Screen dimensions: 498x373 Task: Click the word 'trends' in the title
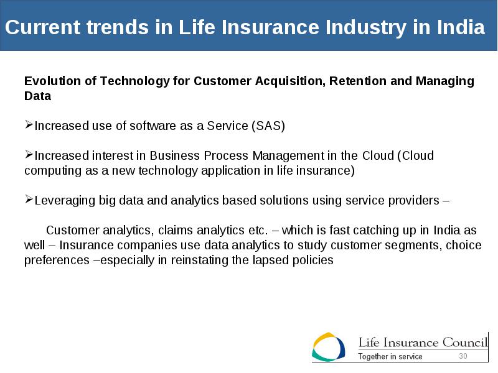pos(118,27)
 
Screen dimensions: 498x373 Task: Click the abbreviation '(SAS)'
pos(268,126)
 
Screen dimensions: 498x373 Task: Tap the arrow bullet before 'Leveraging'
pos(29,200)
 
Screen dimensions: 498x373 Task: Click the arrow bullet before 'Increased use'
pos(29,125)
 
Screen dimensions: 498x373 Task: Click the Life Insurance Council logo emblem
pos(328,347)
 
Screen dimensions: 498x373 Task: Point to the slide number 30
pos(463,356)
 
